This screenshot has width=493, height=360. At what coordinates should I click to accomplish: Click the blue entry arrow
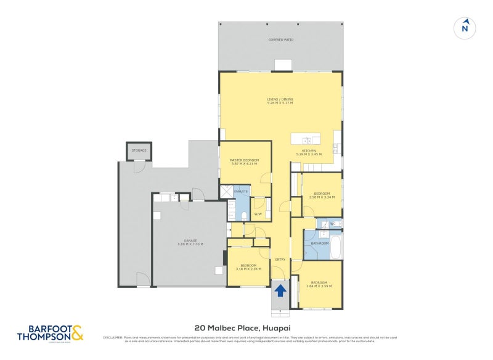(280, 290)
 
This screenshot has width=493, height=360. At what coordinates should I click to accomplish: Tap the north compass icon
(465, 27)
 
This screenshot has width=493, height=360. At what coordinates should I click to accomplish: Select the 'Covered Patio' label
(280, 39)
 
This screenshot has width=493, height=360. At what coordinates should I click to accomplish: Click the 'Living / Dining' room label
(280, 99)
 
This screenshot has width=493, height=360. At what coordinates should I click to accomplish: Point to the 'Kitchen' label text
(306, 150)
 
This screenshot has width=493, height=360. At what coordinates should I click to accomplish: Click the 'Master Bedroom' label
(245, 160)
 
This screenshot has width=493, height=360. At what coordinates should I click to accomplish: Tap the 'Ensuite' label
(241, 192)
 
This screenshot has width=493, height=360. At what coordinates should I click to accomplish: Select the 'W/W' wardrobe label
(258, 214)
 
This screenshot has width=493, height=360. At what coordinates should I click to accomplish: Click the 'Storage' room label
(139, 149)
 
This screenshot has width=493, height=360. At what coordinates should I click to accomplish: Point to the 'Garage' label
(190, 241)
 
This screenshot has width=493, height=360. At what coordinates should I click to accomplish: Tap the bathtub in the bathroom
(336, 245)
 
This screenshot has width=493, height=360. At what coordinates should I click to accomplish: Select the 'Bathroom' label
(319, 243)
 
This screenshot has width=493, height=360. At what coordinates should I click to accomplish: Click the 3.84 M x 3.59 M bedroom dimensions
(319, 286)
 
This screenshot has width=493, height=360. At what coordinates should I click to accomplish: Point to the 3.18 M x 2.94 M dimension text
(248, 269)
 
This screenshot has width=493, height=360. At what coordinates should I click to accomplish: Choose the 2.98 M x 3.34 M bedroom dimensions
(322, 198)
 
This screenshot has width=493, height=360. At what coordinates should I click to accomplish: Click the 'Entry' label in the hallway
(280, 259)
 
